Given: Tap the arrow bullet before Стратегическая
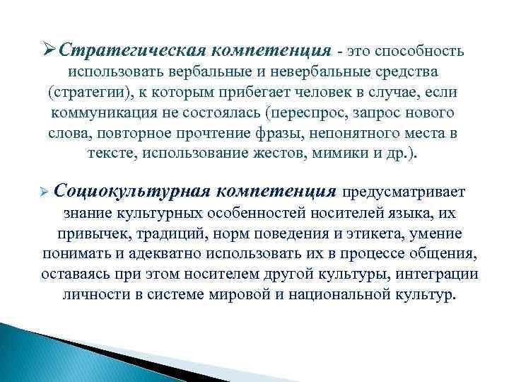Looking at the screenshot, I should click(49, 51).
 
